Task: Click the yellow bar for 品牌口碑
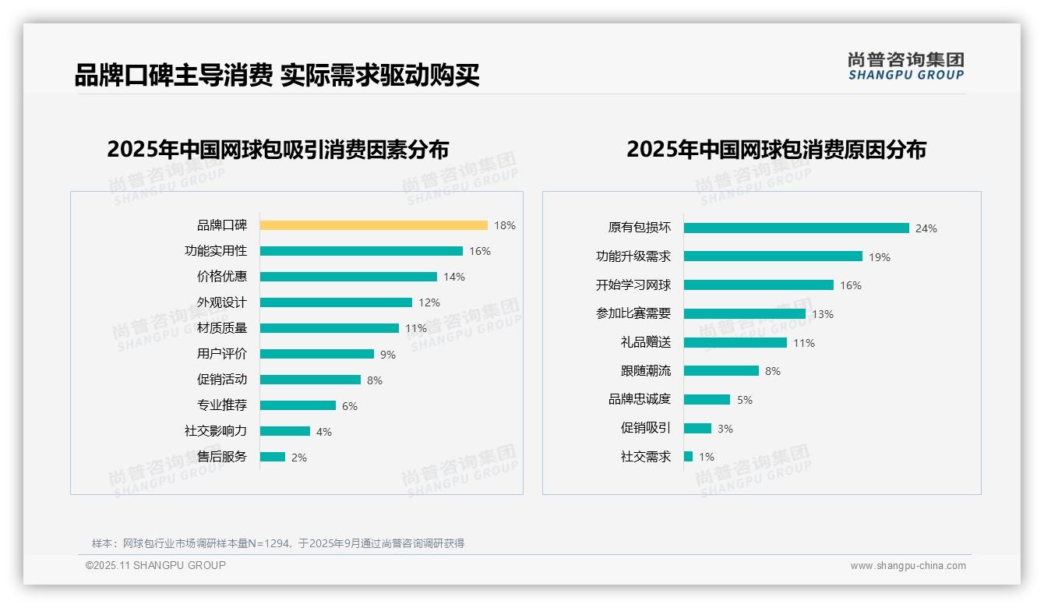(373, 225)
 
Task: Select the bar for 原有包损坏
(796, 228)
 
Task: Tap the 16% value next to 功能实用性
(480, 251)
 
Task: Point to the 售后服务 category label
(221, 457)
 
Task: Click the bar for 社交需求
(688, 457)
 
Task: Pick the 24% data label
(926, 228)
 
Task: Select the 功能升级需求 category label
(633, 256)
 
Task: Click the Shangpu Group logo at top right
(905, 66)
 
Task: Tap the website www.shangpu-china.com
(908, 566)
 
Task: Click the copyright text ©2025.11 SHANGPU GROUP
(156, 565)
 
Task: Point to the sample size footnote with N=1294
(278, 543)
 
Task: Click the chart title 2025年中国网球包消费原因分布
(776, 149)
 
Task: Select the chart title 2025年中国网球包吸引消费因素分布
(277, 149)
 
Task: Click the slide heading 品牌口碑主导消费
(173, 76)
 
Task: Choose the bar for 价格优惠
(348, 277)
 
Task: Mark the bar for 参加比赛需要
(744, 313)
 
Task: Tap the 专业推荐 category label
(221, 405)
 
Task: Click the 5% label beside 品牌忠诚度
(745, 400)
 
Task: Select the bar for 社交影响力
(284, 431)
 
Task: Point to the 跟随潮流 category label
(645, 371)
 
